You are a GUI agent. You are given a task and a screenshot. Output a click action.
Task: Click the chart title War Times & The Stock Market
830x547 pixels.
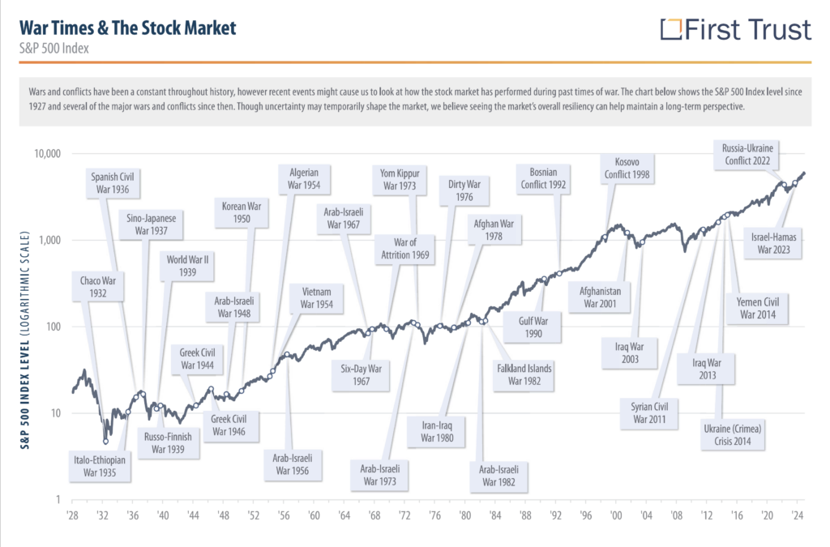127,28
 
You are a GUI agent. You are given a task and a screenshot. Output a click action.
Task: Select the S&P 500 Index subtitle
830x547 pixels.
53,49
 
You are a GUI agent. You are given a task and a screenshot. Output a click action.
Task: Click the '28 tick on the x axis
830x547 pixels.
72,515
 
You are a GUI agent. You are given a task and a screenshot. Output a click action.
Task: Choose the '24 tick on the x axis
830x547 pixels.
798,515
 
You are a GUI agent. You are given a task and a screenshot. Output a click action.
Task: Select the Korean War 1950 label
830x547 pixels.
241,213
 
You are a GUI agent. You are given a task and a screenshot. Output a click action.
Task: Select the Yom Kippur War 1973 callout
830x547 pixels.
399,179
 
